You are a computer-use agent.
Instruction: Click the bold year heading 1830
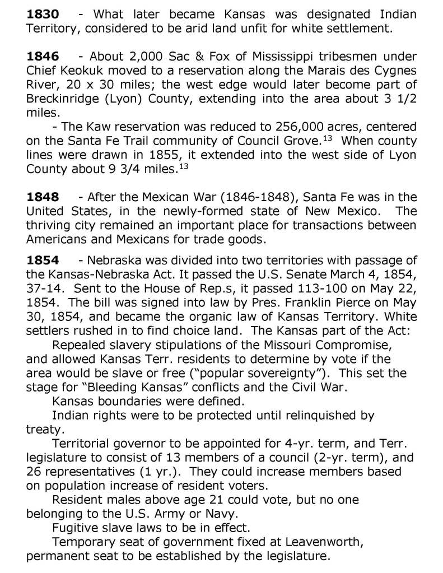pos(43,13)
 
